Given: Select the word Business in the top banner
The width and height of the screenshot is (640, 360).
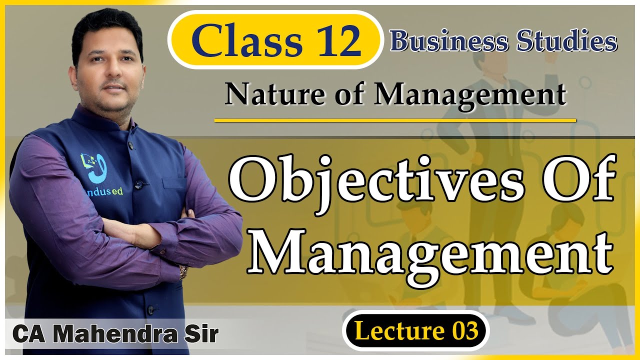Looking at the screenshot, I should point(445,41).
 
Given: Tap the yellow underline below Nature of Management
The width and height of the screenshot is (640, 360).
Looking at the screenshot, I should point(395,120).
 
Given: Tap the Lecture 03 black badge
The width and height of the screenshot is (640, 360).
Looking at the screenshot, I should point(415,331).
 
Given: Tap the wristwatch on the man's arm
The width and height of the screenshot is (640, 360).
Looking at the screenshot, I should point(183,272).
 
